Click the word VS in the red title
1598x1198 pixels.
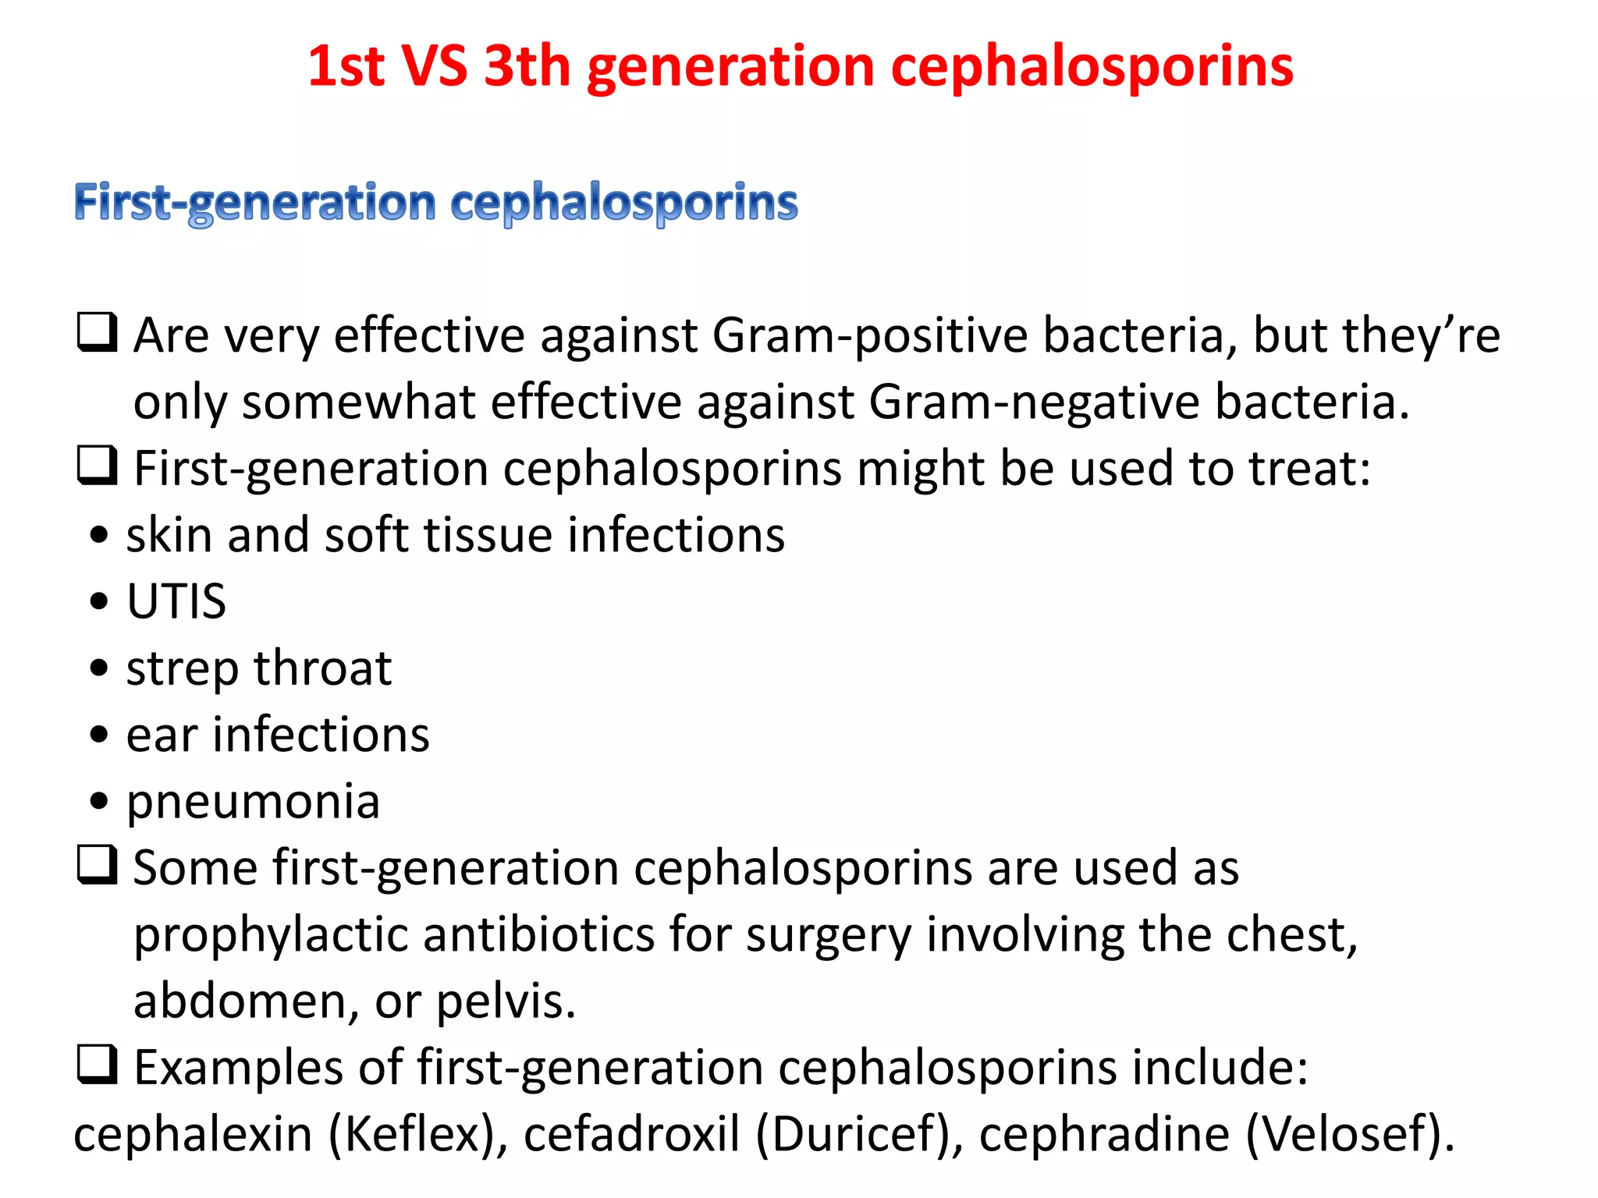coord(434,66)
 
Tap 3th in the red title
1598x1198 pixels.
coord(527,66)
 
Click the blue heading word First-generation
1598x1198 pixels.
coord(254,203)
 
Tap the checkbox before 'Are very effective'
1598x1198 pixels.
coord(98,333)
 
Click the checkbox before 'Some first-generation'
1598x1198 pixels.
coord(98,866)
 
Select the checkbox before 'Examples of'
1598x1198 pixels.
coord(98,1065)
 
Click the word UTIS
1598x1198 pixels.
coord(176,602)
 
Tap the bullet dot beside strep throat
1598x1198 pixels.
coord(99,668)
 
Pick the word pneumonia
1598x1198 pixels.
coord(253,802)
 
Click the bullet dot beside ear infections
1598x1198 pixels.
coord(99,735)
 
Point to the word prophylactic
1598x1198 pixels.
coord(271,934)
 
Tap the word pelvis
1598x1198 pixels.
coord(505,1001)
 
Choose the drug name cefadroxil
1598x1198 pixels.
coord(631,1134)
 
